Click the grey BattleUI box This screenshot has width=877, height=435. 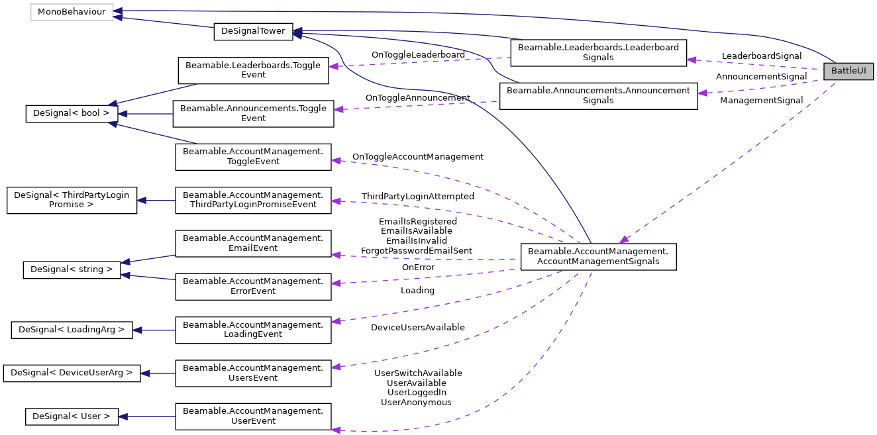(848, 72)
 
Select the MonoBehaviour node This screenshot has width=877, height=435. (72, 12)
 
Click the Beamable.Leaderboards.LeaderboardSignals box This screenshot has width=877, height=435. (598, 52)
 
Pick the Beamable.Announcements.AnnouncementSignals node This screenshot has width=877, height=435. (597, 96)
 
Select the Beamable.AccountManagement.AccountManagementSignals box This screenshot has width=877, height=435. (598, 256)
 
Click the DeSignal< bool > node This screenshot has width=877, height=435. (72, 114)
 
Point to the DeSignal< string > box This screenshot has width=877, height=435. (72, 269)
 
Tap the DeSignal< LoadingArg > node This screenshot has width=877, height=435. (72, 329)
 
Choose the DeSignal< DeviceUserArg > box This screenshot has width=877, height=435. (72, 373)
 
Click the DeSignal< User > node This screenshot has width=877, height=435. (72, 416)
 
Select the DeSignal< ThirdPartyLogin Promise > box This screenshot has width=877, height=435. (72, 200)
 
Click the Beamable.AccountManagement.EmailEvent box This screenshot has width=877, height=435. (252, 243)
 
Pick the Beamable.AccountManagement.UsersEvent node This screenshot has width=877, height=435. (252, 373)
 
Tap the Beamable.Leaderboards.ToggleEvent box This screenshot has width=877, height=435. (253, 70)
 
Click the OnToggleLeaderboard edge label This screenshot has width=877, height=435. (418, 54)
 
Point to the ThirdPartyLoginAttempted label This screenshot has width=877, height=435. (417, 197)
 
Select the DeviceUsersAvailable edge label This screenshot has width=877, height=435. (417, 328)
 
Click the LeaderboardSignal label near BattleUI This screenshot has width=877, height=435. (761, 56)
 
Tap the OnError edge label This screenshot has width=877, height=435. (418, 267)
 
